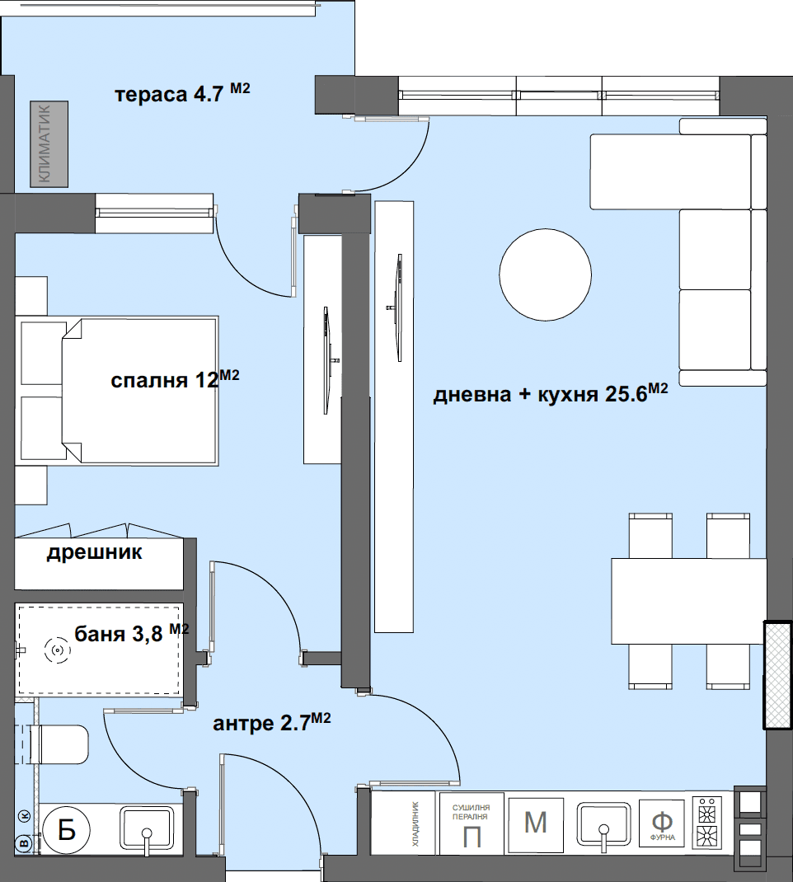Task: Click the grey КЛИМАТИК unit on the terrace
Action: click(49, 144)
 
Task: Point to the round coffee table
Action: click(545, 274)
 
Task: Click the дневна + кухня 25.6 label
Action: click(551, 393)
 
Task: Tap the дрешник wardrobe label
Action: click(95, 552)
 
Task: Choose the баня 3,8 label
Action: click(132, 633)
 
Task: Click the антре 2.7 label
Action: click(272, 722)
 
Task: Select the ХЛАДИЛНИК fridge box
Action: click(404, 823)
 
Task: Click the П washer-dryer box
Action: click(472, 824)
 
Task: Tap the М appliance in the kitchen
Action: click(536, 823)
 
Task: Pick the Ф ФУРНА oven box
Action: click(662, 823)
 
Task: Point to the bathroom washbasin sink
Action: click(146, 828)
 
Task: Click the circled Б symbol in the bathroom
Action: click(67, 829)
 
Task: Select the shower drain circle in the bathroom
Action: click(58, 651)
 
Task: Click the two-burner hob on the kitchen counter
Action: click(707, 823)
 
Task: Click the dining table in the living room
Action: click(689, 601)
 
